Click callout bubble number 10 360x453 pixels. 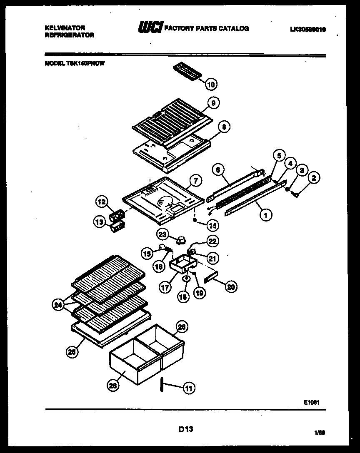(x=211, y=85)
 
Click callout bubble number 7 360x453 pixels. (x=195, y=181)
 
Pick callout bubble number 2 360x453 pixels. (x=314, y=179)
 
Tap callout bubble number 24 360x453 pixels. (x=58, y=305)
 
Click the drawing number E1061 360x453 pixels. (x=312, y=402)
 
